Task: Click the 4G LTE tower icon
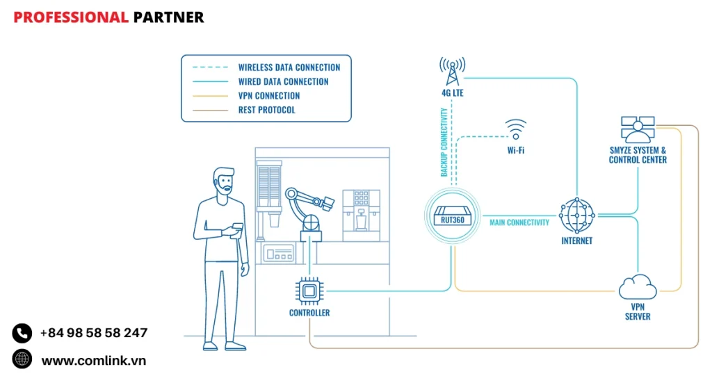coord(452,70)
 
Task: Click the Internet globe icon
coord(577,215)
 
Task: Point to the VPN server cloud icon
coord(637,286)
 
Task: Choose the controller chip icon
coord(309,290)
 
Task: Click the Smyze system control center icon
coord(638,129)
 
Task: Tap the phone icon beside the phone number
coord(22,333)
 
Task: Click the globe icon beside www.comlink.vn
coord(22,359)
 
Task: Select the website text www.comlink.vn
coord(94,360)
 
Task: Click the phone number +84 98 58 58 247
coord(94,333)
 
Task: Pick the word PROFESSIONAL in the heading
coord(71,17)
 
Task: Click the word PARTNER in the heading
coord(168,17)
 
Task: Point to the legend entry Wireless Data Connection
coord(289,67)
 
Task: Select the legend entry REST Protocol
coord(266,110)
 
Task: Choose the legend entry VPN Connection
coord(269,96)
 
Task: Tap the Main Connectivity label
coord(519,222)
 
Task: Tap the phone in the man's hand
coord(237,227)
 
